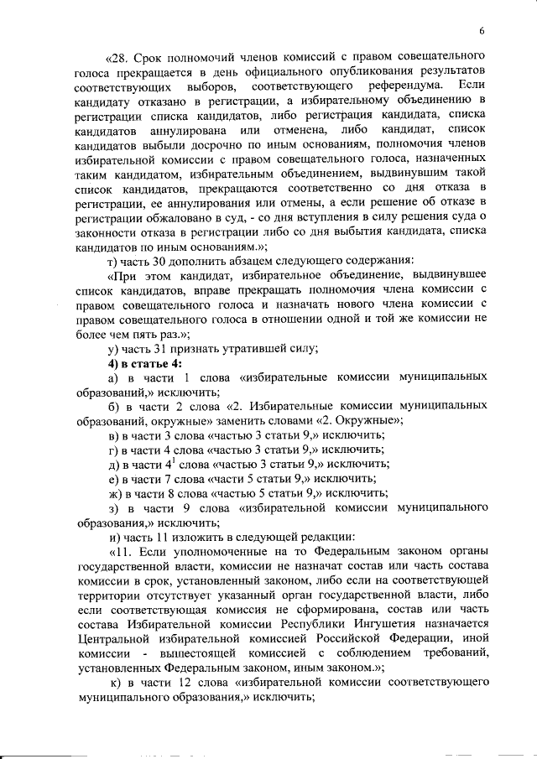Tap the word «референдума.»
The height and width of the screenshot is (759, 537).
point(399,87)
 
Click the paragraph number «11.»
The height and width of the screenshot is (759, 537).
point(121,553)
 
